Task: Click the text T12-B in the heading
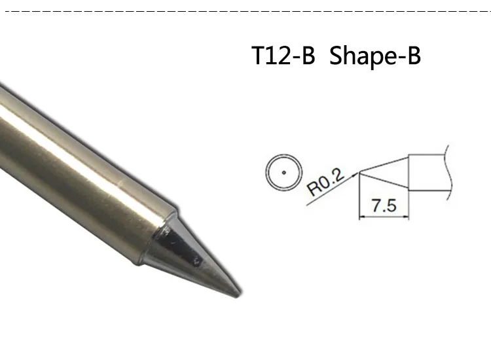click(283, 56)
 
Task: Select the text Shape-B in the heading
click(375, 56)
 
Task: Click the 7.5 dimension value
click(384, 206)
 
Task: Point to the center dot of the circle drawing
click(284, 173)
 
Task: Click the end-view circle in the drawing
click(284, 154)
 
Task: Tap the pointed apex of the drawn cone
click(359, 173)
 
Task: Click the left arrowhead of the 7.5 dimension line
click(361, 216)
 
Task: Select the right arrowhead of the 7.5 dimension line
click(406, 216)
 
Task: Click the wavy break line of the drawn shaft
click(450, 172)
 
